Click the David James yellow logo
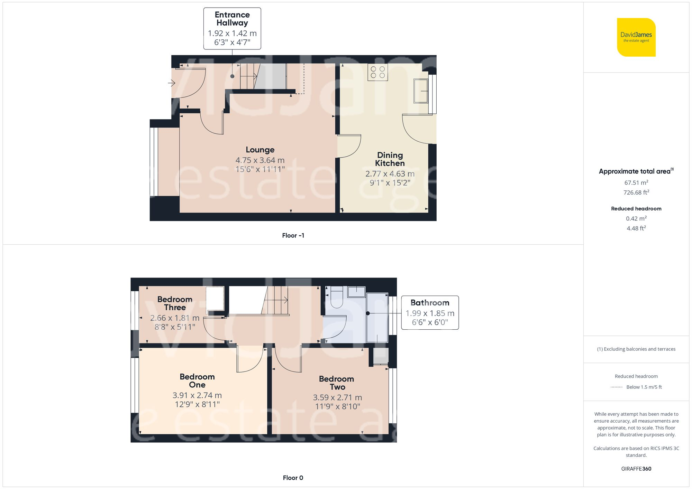coord(636,37)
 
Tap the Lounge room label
coord(260,150)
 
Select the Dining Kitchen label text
coord(390,159)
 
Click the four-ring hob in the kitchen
coord(377,72)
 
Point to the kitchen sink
coord(421,91)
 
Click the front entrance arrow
coord(172,83)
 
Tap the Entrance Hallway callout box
coord(232,28)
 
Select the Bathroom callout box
coord(430,312)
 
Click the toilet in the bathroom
coord(337,298)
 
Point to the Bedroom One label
coord(197,380)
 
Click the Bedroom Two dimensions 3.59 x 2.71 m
coord(337,397)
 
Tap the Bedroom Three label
coord(175,303)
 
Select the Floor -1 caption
coord(293,235)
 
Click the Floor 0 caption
coord(293,478)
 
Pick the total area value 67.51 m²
coord(636,182)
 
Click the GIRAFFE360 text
coord(636,469)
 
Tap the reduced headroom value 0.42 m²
coord(636,218)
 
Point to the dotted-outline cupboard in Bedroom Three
coord(215,299)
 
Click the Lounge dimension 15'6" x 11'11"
coord(260,169)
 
